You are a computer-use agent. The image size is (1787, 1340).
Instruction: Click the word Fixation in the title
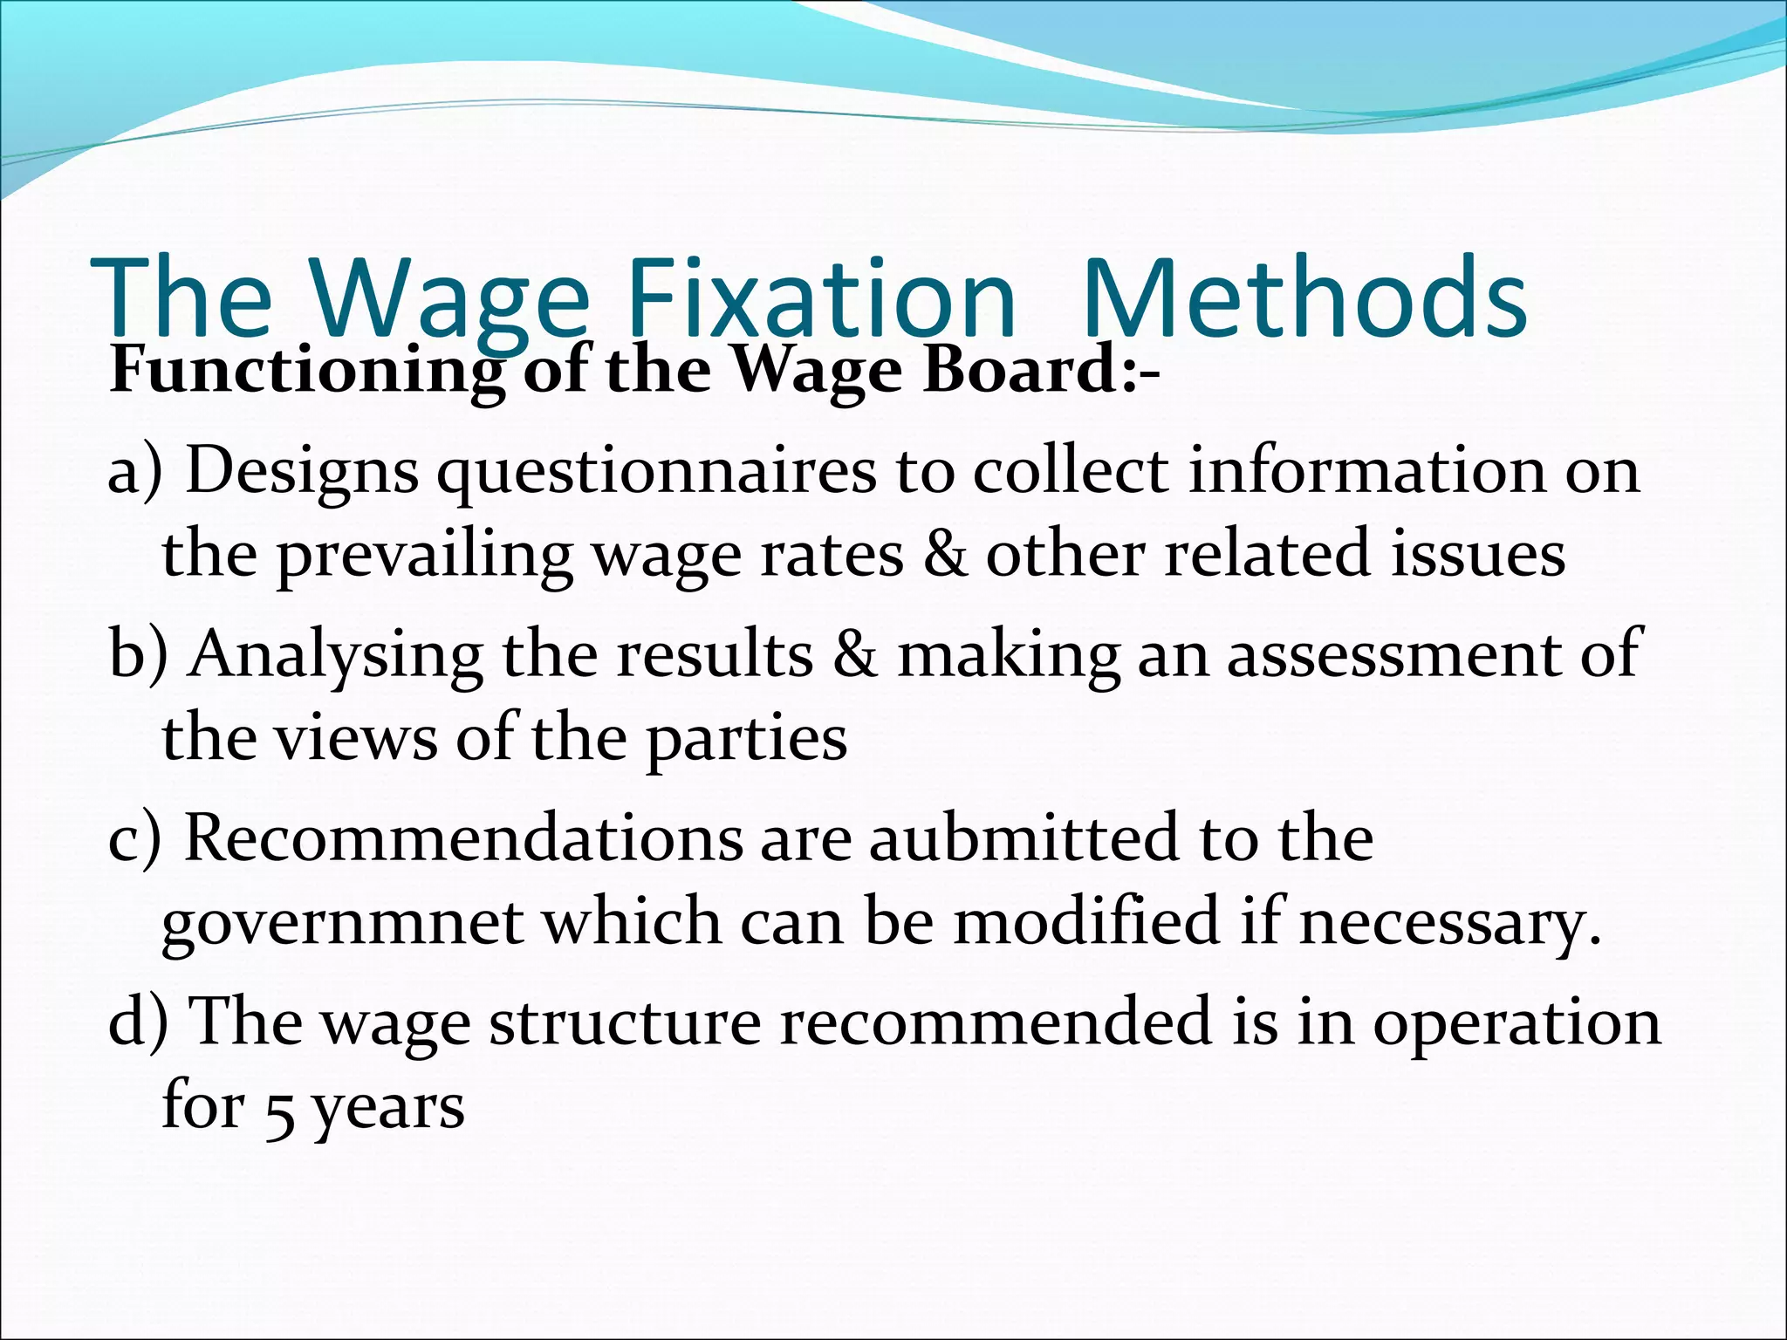tap(820, 298)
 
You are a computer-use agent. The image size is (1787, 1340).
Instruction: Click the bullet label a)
tap(135, 472)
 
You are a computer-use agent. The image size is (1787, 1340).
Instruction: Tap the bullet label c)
tap(134, 838)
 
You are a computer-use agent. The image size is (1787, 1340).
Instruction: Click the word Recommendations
tap(462, 838)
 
